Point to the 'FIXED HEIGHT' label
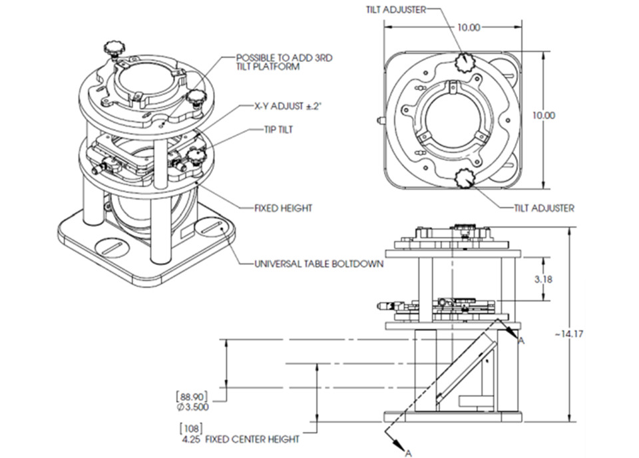(284, 208)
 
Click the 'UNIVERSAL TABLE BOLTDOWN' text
(319, 264)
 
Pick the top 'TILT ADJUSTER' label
(395, 9)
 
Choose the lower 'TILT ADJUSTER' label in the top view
(544, 208)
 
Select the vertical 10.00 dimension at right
(544, 115)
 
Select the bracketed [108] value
(190, 428)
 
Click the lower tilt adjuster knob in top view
(463, 178)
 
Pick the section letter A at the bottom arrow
(407, 453)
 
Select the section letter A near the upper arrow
(521, 341)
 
